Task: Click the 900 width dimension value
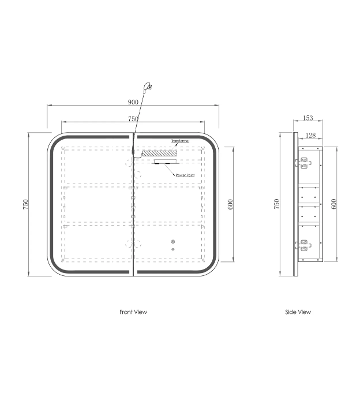[x=133, y=102]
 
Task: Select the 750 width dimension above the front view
[x=133, y=119]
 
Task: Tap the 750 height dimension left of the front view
[x=25, y=204]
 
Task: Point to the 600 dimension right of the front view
[x=230, y=204]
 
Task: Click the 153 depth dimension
[x=307, y=118]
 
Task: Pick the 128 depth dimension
[x=310, y=135]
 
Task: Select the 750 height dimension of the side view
[x=276, y=204]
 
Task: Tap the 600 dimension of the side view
[x=333, y=204]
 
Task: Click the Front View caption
[x=133, y=312]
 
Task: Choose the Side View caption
[x=298, y=312]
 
